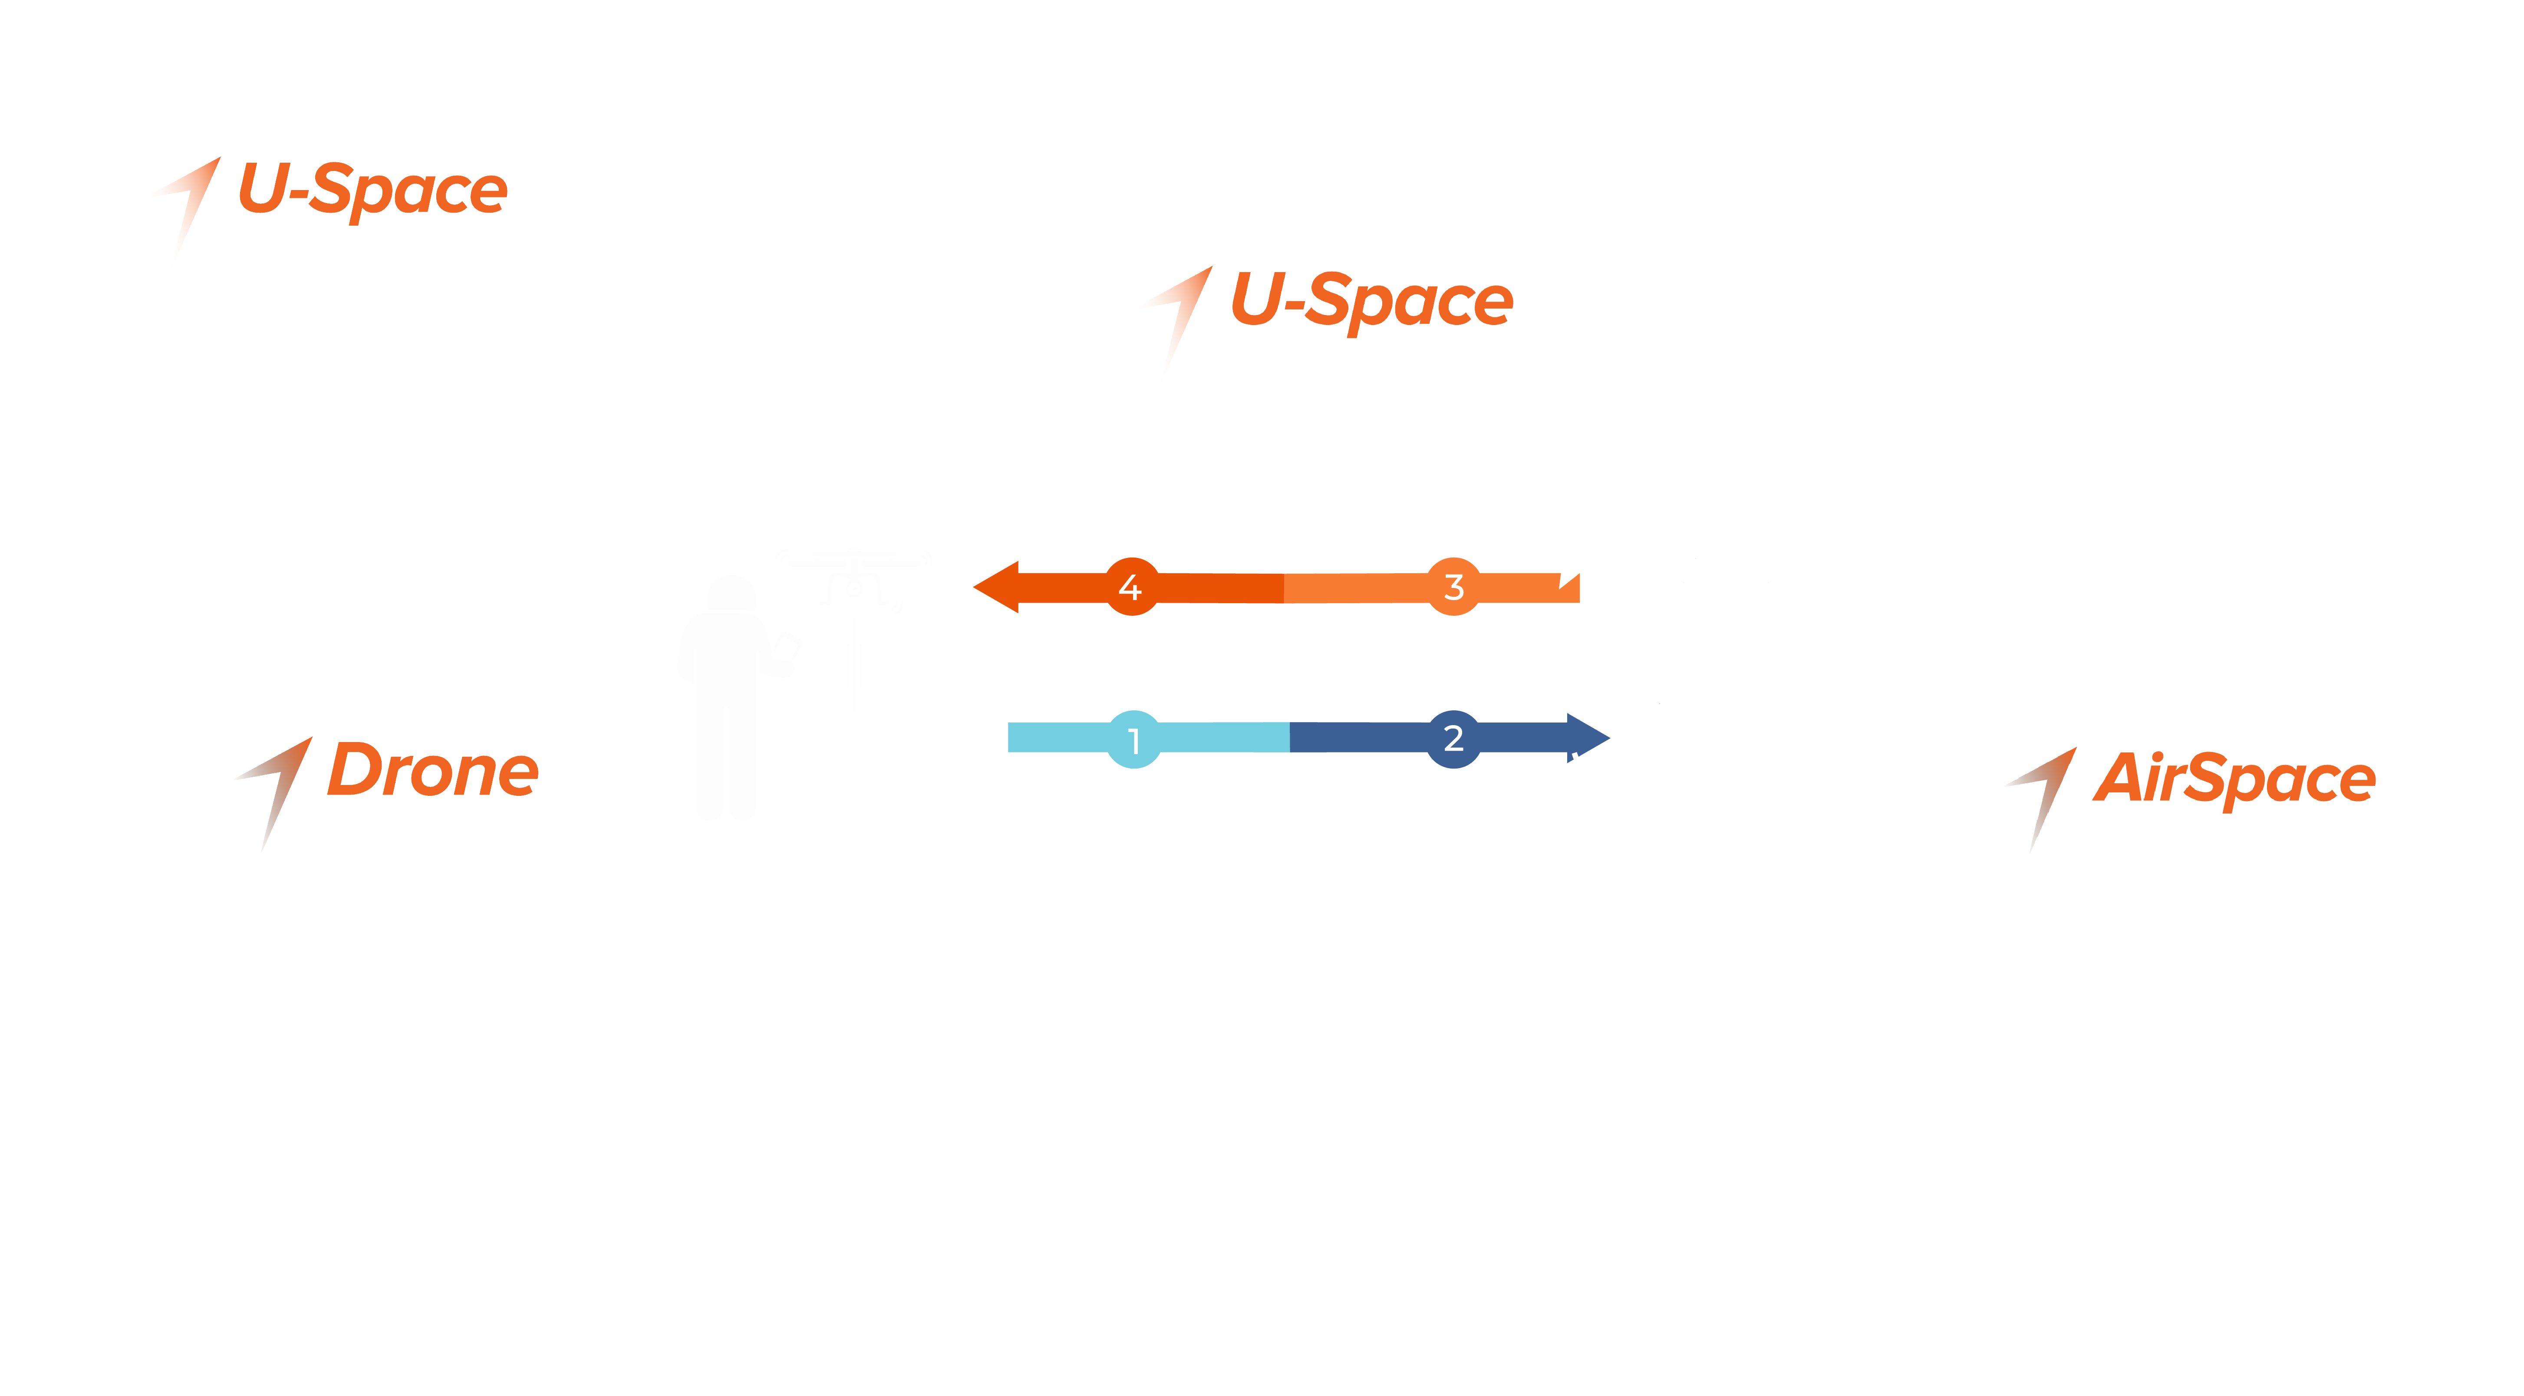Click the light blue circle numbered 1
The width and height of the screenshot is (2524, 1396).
point(1133,739)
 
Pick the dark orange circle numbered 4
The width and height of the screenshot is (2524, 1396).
point(1132,587)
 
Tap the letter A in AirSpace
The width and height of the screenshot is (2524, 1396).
point(2119,778)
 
